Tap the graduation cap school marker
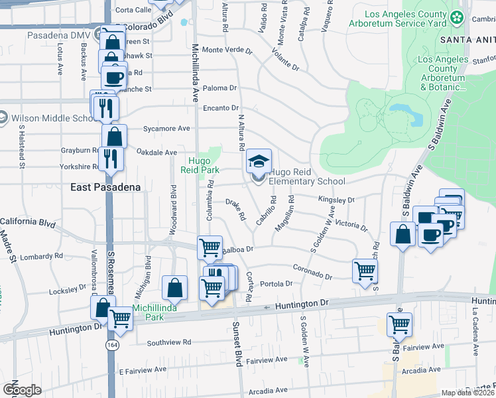(259, 161)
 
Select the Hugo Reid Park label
(200, 165)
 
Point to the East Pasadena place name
(105, 188)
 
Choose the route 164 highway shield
(112, 346)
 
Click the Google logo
(22, 389)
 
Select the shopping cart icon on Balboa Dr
(210, 247)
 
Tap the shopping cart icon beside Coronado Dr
(365, 270)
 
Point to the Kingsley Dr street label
(336, 199)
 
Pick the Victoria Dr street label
(351, 225)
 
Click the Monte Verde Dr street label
(227, 50)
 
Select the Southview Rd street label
(168, 342)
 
